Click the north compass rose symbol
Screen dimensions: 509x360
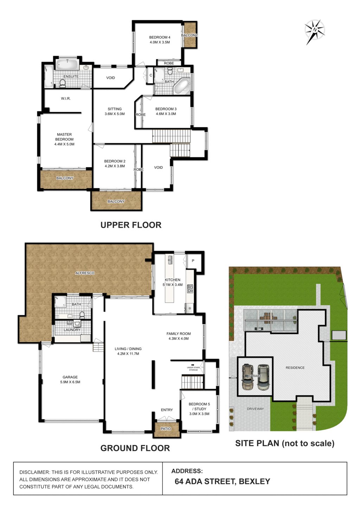click(315, 31)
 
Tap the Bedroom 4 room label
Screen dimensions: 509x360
click(160, 37)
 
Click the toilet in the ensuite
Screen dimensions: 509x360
click(63, 83)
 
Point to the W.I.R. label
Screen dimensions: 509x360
click(66, 98)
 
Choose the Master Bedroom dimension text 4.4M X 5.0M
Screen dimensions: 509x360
click(64, 144)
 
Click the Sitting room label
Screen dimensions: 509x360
click(115, 109)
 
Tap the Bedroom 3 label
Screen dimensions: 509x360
click(166, 109)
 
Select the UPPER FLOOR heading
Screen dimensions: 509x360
click(131, 225)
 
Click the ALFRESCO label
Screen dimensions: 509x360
click(85, 273)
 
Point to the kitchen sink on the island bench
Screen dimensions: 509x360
click(170, 260)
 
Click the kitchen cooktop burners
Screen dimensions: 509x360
click(190, 289)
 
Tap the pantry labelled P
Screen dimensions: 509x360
click(193, 261)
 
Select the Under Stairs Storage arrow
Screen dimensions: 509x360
click(193, 365)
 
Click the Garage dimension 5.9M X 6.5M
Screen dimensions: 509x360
click(70, 382)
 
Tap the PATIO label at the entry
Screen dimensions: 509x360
click(166, 429)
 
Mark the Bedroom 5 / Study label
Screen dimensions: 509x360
click(199, 406)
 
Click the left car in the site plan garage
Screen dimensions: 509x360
click(248, 377)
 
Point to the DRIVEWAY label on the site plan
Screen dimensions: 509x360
click(255, 409)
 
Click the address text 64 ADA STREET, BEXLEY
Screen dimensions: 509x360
click(222, 482)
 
